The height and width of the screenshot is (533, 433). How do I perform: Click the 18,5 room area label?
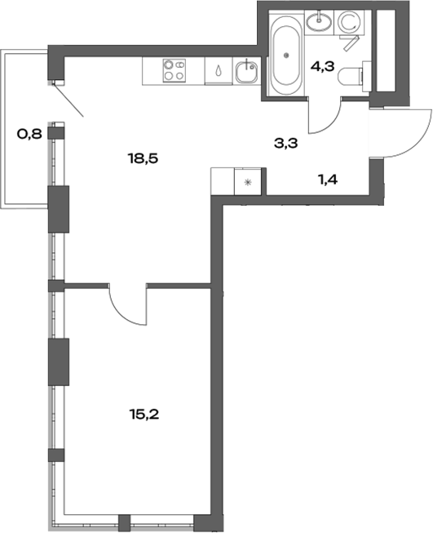141,158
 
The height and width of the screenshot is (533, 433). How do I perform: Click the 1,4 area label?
328,176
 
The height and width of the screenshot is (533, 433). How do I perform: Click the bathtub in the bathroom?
286,56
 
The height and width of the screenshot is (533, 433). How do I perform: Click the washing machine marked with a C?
349,22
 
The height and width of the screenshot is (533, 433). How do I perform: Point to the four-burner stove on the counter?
172,70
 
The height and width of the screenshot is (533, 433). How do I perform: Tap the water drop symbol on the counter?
217,71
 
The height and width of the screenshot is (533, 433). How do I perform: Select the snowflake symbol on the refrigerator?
249,182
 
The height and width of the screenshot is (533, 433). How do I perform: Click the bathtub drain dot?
286,56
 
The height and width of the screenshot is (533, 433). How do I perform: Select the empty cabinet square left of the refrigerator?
223,181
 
